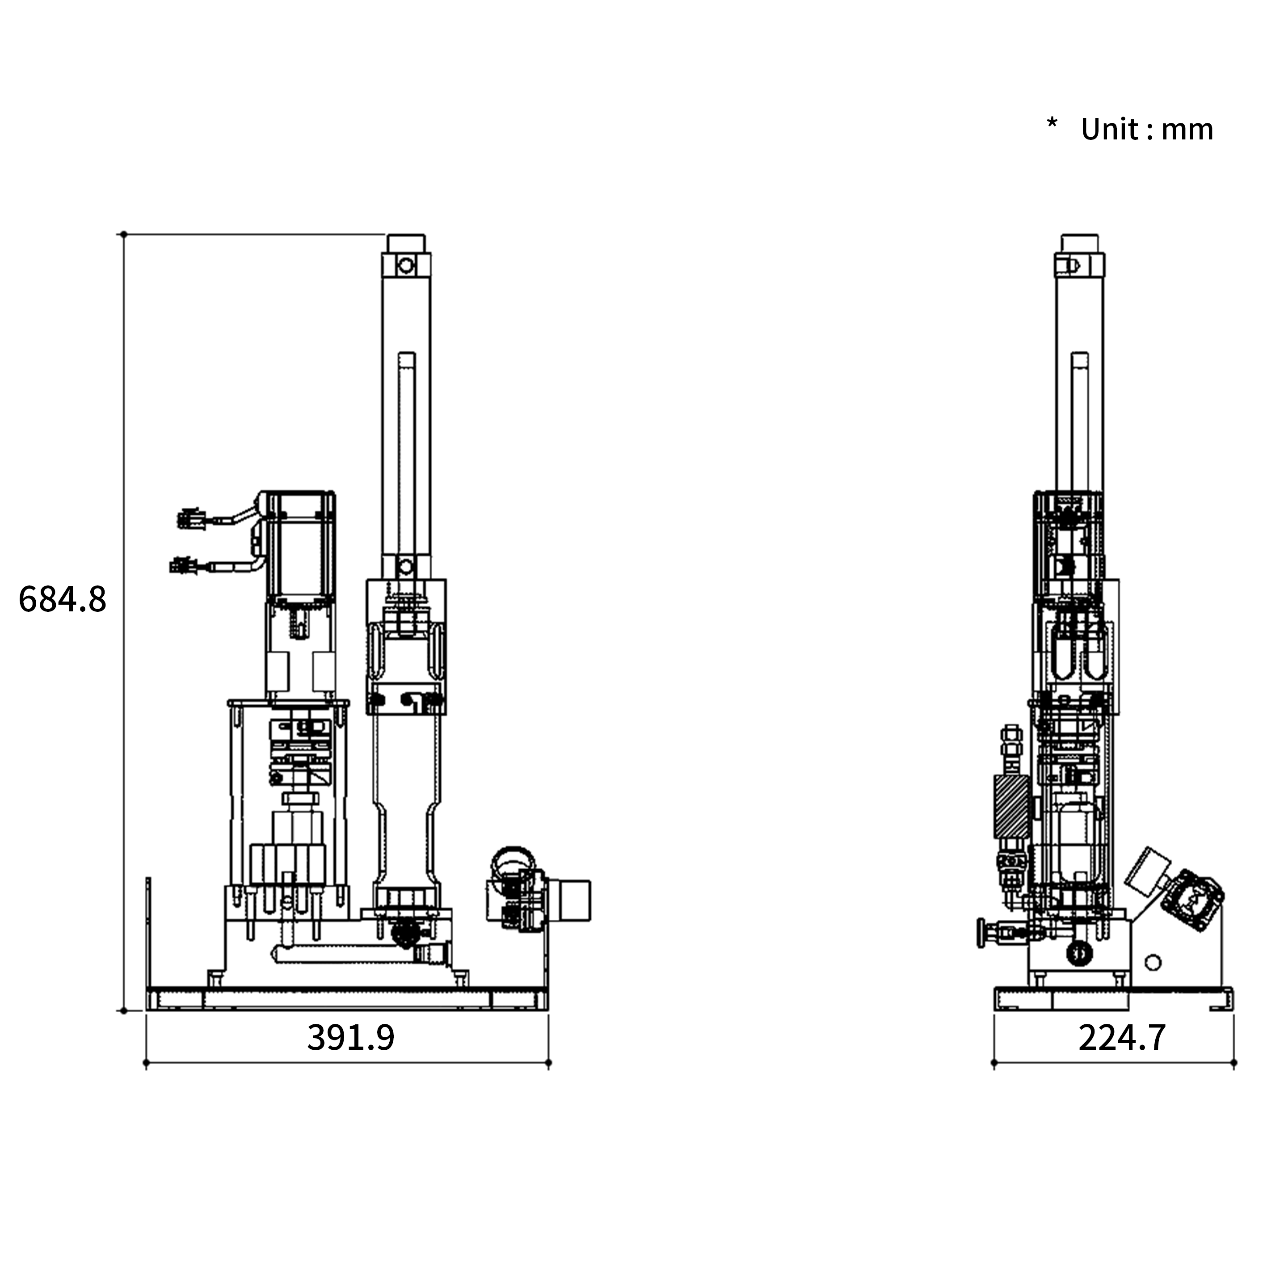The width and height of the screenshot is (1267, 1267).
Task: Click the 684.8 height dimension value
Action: point(62,599)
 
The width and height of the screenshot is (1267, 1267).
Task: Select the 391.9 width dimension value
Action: point(351,1037)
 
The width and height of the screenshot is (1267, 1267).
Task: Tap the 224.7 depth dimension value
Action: point(1122,1037)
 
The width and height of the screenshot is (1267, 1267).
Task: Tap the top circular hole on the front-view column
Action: point(406,265)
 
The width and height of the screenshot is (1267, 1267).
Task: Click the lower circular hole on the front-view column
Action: point(406,567)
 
